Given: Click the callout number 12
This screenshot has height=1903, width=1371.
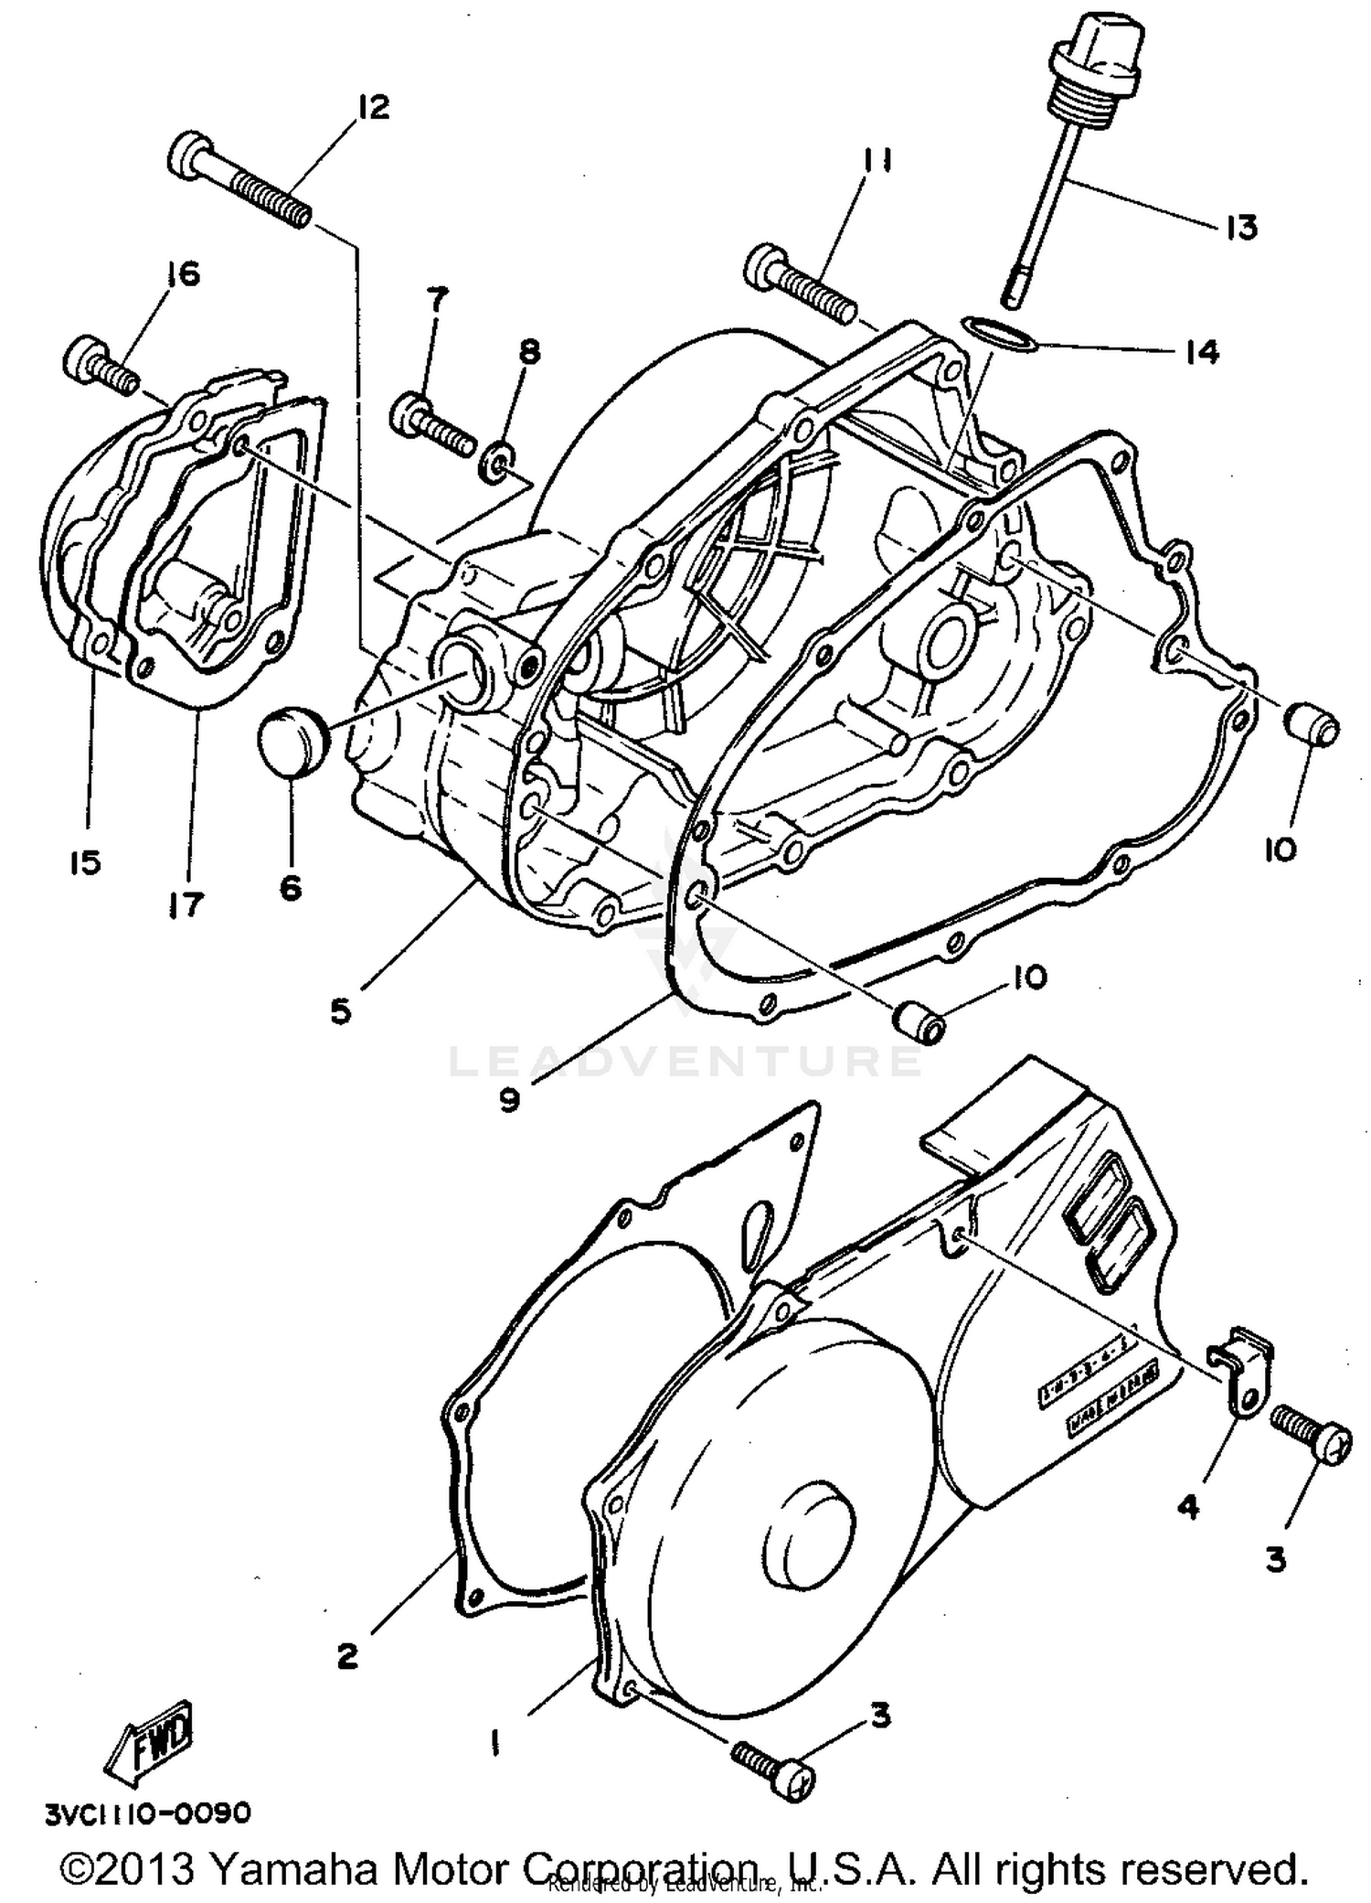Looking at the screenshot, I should click(374, 107).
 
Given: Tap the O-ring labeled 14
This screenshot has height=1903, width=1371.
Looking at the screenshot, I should click(999, 334).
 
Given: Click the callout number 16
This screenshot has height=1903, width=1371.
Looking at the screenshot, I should click(185, 273).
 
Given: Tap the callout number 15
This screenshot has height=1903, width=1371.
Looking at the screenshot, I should click(86, 861).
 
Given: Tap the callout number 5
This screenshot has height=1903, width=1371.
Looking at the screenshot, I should click(340, 1011).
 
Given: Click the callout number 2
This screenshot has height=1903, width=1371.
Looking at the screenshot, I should click(347, 1655).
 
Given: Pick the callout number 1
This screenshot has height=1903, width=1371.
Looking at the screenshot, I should click(494, 1744).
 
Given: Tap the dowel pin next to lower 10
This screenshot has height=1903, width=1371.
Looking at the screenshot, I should click(918, 1021).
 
